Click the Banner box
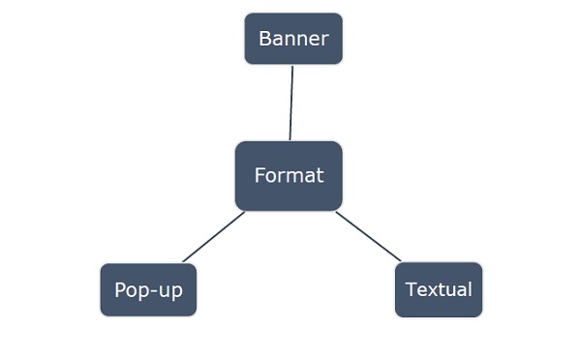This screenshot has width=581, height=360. coord(293,39)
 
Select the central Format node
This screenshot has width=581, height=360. coord(289,176)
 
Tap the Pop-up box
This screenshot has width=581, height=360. coord(148,289)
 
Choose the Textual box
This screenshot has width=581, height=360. coord(439,289)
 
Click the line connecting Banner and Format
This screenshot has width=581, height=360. coord(291,103)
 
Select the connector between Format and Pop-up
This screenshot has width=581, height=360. coord(213,237)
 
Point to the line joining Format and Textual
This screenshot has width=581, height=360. coord(368,237)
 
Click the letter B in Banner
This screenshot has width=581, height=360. coord(264,39)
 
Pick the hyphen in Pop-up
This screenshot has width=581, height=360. coord(154,291)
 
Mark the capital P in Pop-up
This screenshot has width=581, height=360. coord(119,290)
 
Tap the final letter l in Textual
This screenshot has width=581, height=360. coord(470,289)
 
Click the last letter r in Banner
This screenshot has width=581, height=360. coord(325,41)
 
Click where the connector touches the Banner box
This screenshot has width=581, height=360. coord(292,65)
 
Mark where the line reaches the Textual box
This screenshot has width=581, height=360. coord(401,262)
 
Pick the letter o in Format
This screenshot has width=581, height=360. coord(271,177)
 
